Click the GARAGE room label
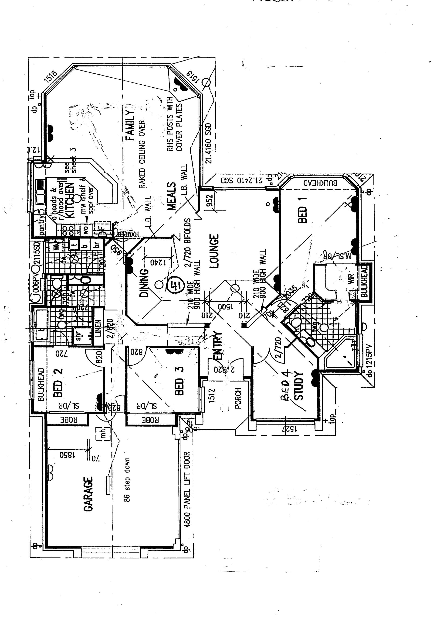pos(88,494)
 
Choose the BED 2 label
pos(58,382)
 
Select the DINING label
pos(144,283)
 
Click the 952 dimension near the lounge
pos(210,201)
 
